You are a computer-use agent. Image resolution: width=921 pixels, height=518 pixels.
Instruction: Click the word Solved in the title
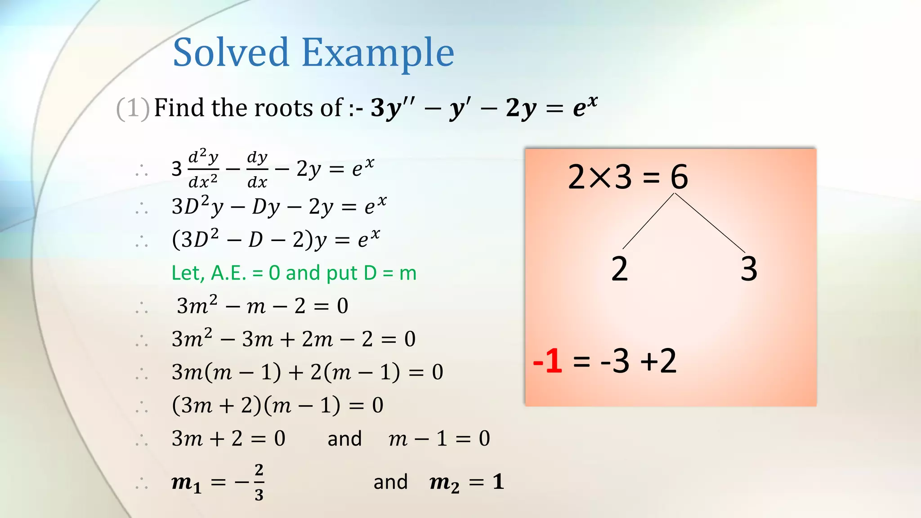[231, 53]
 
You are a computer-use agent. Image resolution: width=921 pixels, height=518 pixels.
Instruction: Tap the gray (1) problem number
[133, 108]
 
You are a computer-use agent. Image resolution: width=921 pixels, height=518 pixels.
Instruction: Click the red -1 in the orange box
[548, 361]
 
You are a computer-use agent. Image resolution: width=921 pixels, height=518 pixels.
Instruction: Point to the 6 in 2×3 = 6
[679, 177]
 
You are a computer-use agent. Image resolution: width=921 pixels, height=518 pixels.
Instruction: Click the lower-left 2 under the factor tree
[619, 269]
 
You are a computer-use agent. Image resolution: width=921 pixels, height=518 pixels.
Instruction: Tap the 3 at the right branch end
[749, 269]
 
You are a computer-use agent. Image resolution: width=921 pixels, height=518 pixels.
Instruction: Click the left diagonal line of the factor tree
[648, 221]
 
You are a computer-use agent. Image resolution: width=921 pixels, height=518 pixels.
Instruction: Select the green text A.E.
[229, 273]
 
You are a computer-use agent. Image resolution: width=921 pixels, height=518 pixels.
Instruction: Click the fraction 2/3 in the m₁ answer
[259, 482]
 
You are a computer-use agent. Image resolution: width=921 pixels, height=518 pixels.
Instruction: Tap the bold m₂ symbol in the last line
[444, 482]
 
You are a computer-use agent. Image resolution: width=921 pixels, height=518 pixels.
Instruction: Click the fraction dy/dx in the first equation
[257, 170]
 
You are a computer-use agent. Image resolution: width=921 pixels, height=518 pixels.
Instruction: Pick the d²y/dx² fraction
[203, 169]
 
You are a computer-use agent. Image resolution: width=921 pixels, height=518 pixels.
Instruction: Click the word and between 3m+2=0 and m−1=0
[344, 439]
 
